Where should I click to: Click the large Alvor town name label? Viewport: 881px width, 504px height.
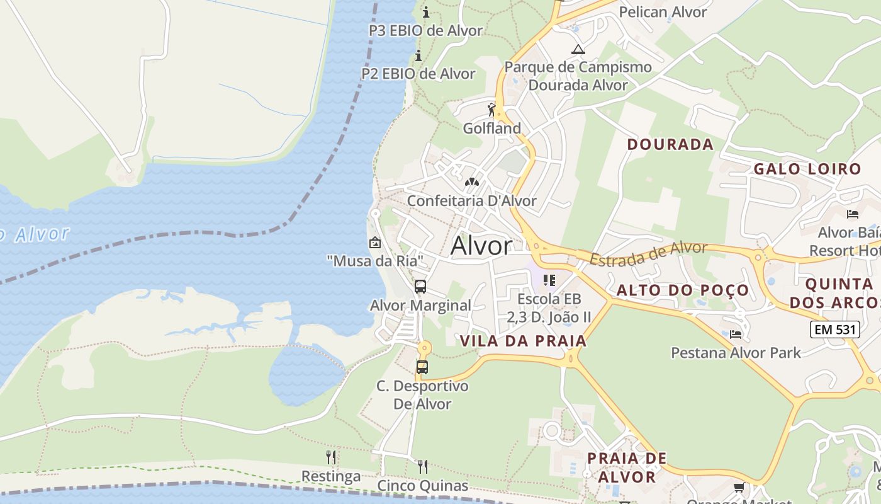click(x=481, y=246)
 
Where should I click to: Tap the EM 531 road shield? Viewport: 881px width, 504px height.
click(x=834, y=329)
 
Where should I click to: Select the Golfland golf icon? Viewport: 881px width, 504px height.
click(x=492, y=110)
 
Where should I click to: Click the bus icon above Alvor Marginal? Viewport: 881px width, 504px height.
click(x=420, y=287)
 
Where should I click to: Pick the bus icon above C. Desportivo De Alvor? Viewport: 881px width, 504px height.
click(x=422, y=367)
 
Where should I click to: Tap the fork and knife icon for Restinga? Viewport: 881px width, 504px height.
click(x=331, y=457)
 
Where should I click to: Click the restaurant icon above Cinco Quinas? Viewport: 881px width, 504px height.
click(x=423, y=466)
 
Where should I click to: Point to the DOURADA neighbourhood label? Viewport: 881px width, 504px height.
click(x=670, y=144)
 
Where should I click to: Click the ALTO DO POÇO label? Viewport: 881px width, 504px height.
click(x=683, y=290)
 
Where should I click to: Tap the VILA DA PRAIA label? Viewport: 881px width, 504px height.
click(x=523, y=341)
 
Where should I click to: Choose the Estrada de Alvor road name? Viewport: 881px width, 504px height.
click(x=648, y=253)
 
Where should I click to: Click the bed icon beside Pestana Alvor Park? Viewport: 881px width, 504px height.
click(x=736, y=334)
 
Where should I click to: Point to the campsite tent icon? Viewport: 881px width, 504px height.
click(x=578, y=49)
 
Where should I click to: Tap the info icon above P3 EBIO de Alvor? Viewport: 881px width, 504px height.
click(x=426, y=12)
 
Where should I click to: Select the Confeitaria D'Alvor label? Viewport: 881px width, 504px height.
click(x=471, y=201)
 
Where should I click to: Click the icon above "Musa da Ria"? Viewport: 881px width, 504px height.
click(x=375, y=242)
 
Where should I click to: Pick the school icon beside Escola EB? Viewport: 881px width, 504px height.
click(x=549, y=280)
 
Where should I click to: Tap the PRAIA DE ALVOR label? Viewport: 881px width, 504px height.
click(x=626, y=467)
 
